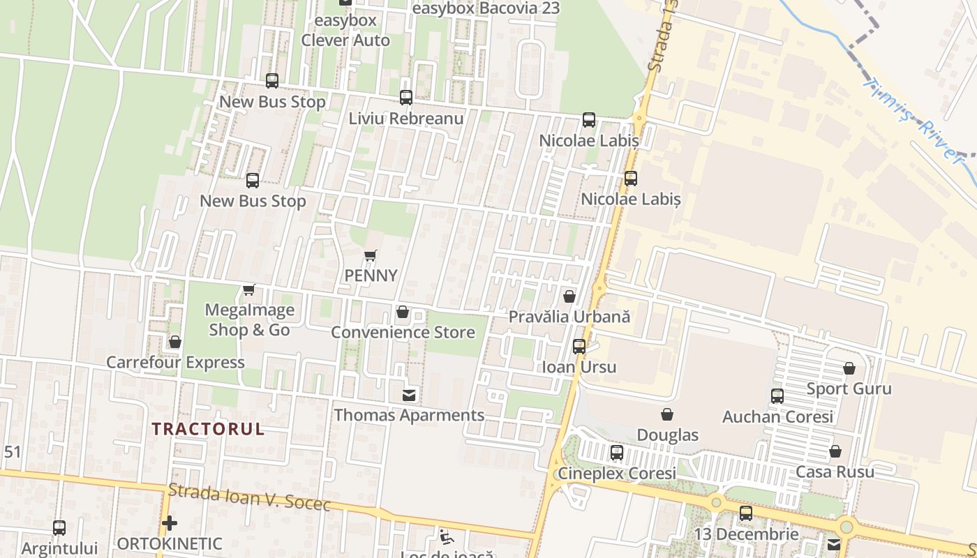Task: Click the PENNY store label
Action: click(371, 276)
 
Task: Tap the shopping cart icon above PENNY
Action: click(371, 256)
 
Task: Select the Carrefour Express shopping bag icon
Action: click(175, 342)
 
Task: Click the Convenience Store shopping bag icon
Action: click(403, 312)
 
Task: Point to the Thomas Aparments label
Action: click(409, 415)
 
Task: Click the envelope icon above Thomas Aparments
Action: click(410, 395)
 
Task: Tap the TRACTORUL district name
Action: click(208, 429)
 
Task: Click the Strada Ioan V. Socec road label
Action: click(250, 497)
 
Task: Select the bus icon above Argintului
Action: click(59, 528)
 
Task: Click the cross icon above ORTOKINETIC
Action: click(169, 523)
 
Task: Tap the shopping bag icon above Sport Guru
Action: click(849, 368)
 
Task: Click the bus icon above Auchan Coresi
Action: click(777, 396)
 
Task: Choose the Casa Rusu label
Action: click(835, 472)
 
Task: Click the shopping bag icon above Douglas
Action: click(667, 415)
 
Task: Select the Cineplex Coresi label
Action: click(616, 474)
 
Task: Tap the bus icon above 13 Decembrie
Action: click(746, 514)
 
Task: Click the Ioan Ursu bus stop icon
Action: click(579, 346)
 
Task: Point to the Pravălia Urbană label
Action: click(569, 317)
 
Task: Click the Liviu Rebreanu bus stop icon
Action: click(406, 98)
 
